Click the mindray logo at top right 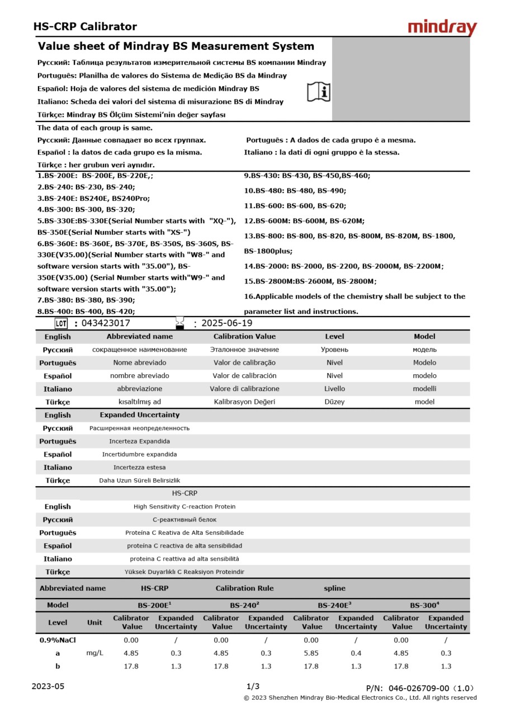[x=442, y=27]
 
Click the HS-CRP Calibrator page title [x=85, y=26]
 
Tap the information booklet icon [x=319, y=92]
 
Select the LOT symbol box [x=61, y=323]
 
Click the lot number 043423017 [x=106, y=323]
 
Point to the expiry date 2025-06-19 [x=226, y=323]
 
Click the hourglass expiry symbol [x=179, y=323]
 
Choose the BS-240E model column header [x=334, y=605]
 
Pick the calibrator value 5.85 [x=311, y=653]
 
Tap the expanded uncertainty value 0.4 [x=356, y=653]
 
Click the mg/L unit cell [x=94, y=653]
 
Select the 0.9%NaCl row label [x=58, y=640]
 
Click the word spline [x=334, y=588]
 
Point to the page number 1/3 [x=253, y=686]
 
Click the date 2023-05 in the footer [x=48, y=686]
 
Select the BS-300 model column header [x=424, y=605]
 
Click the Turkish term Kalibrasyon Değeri [x=244, y=402]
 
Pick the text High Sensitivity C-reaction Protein [x=185, y=506]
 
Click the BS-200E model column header [x=154, y=605]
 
